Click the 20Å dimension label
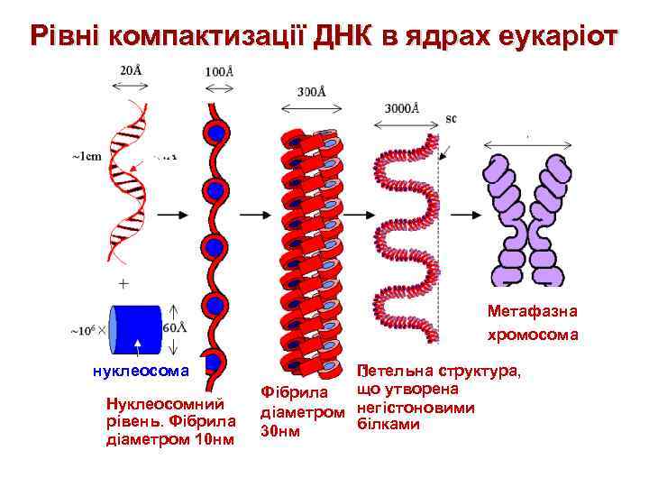(132, 71)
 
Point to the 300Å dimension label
(311, 91)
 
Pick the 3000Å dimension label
(403, 108)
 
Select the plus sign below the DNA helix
(123, 281)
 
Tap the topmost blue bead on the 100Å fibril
(216, 133)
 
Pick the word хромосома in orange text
(532, 335)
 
